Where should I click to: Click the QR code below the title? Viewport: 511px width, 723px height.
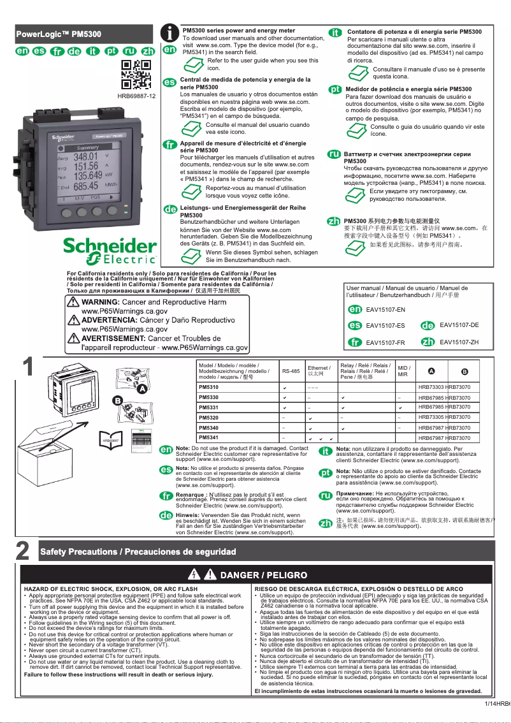[x=136, y=75]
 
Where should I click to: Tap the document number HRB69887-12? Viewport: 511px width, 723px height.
[x=136, y=96]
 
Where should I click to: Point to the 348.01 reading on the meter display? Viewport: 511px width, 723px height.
[x=85, y=156]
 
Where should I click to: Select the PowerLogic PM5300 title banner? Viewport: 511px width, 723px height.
[x=77, y=34]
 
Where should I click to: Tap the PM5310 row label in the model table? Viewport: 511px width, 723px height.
[x=209, y=388]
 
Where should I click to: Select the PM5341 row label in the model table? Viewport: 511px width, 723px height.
[x=209, y=438]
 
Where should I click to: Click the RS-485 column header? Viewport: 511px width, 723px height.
[x=291, y=371]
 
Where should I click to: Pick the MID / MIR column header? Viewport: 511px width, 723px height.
[x=403, y=371]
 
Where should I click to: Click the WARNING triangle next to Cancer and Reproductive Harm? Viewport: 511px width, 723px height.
[x=74, y=302]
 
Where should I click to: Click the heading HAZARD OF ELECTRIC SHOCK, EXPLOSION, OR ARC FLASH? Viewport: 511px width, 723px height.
[x=110, y=588]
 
